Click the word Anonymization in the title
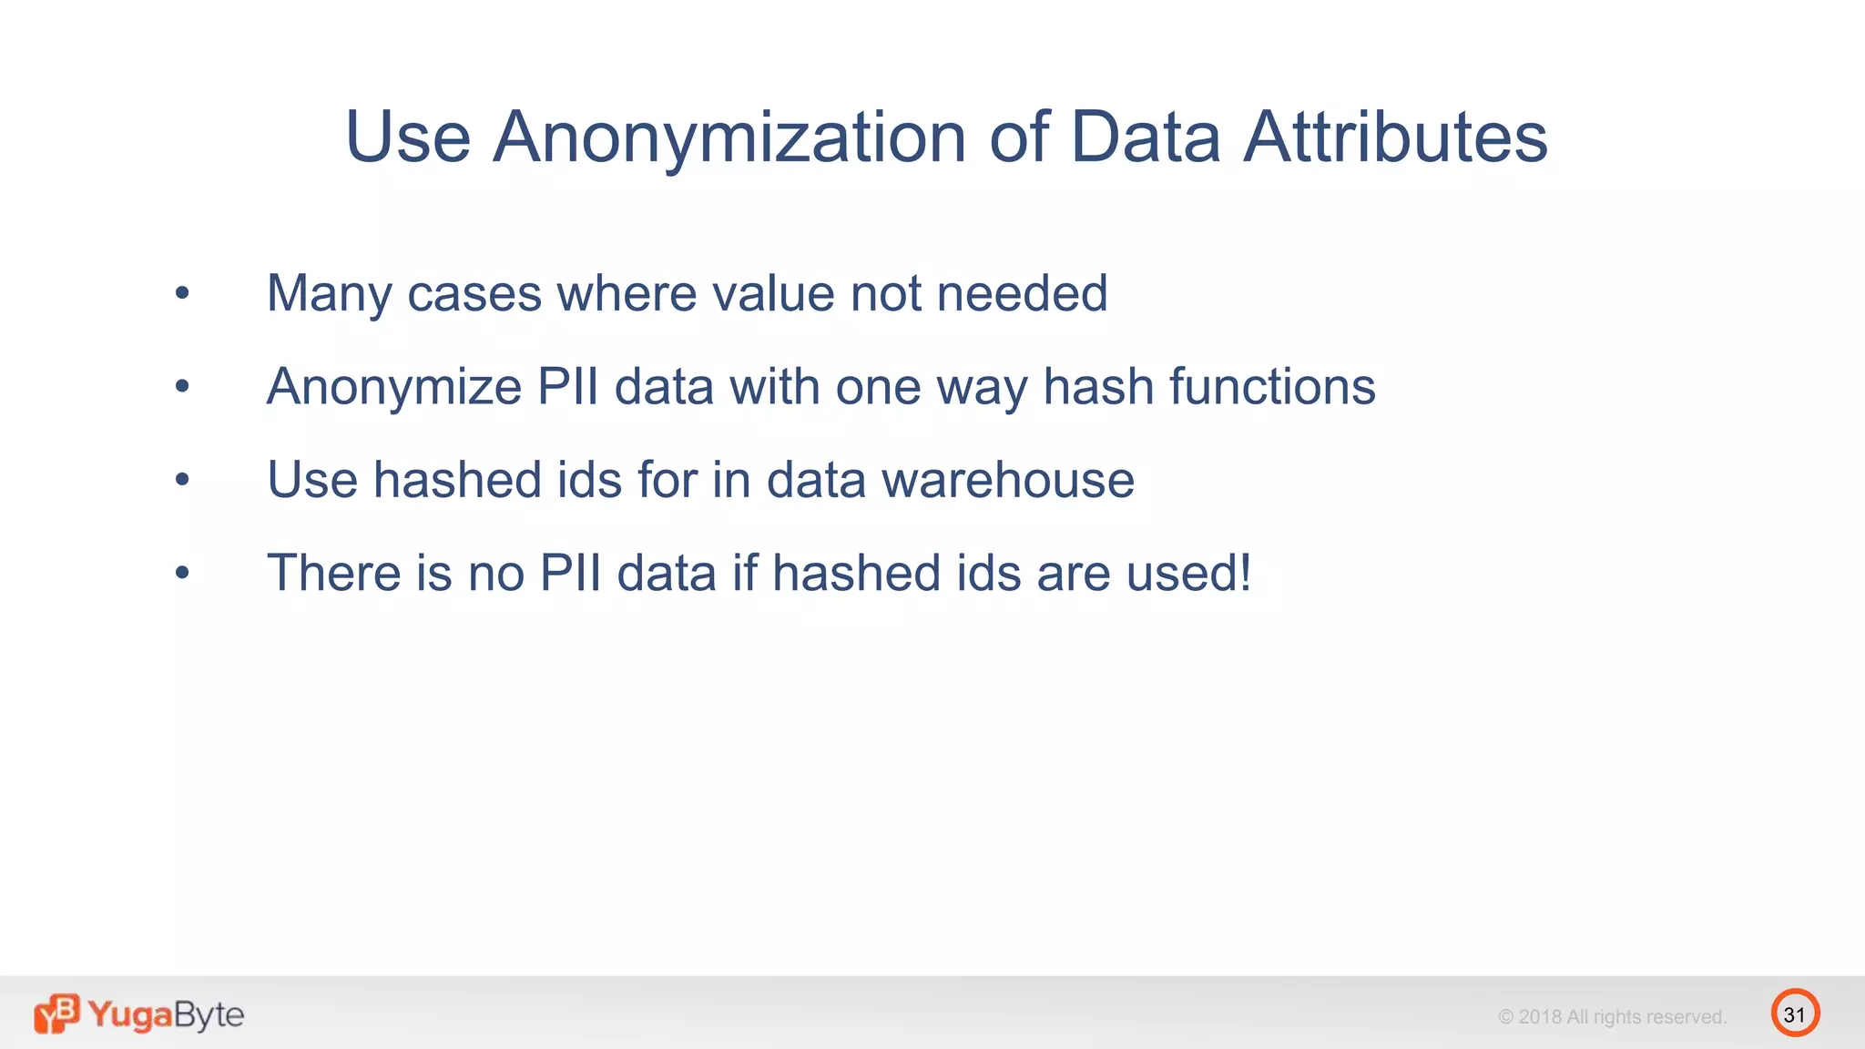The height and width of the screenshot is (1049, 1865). click(729, 137)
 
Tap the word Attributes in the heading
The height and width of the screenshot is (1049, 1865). click(1395, 137)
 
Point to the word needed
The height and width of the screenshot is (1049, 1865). click(1022, 294)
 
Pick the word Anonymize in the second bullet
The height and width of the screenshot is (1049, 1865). click(393, 387)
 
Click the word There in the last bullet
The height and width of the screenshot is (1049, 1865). click(332, 574)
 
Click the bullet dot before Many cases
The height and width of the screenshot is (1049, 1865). click(182, 293)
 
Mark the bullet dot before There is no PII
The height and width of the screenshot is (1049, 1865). click(182, 573)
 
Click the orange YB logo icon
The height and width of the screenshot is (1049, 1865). click(56, 1013)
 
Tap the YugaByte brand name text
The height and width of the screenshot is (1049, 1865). click(166, 1014)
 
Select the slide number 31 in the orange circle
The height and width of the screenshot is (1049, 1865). click(1795, 1014)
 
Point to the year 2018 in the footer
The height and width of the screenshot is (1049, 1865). click(1539, 1017)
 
